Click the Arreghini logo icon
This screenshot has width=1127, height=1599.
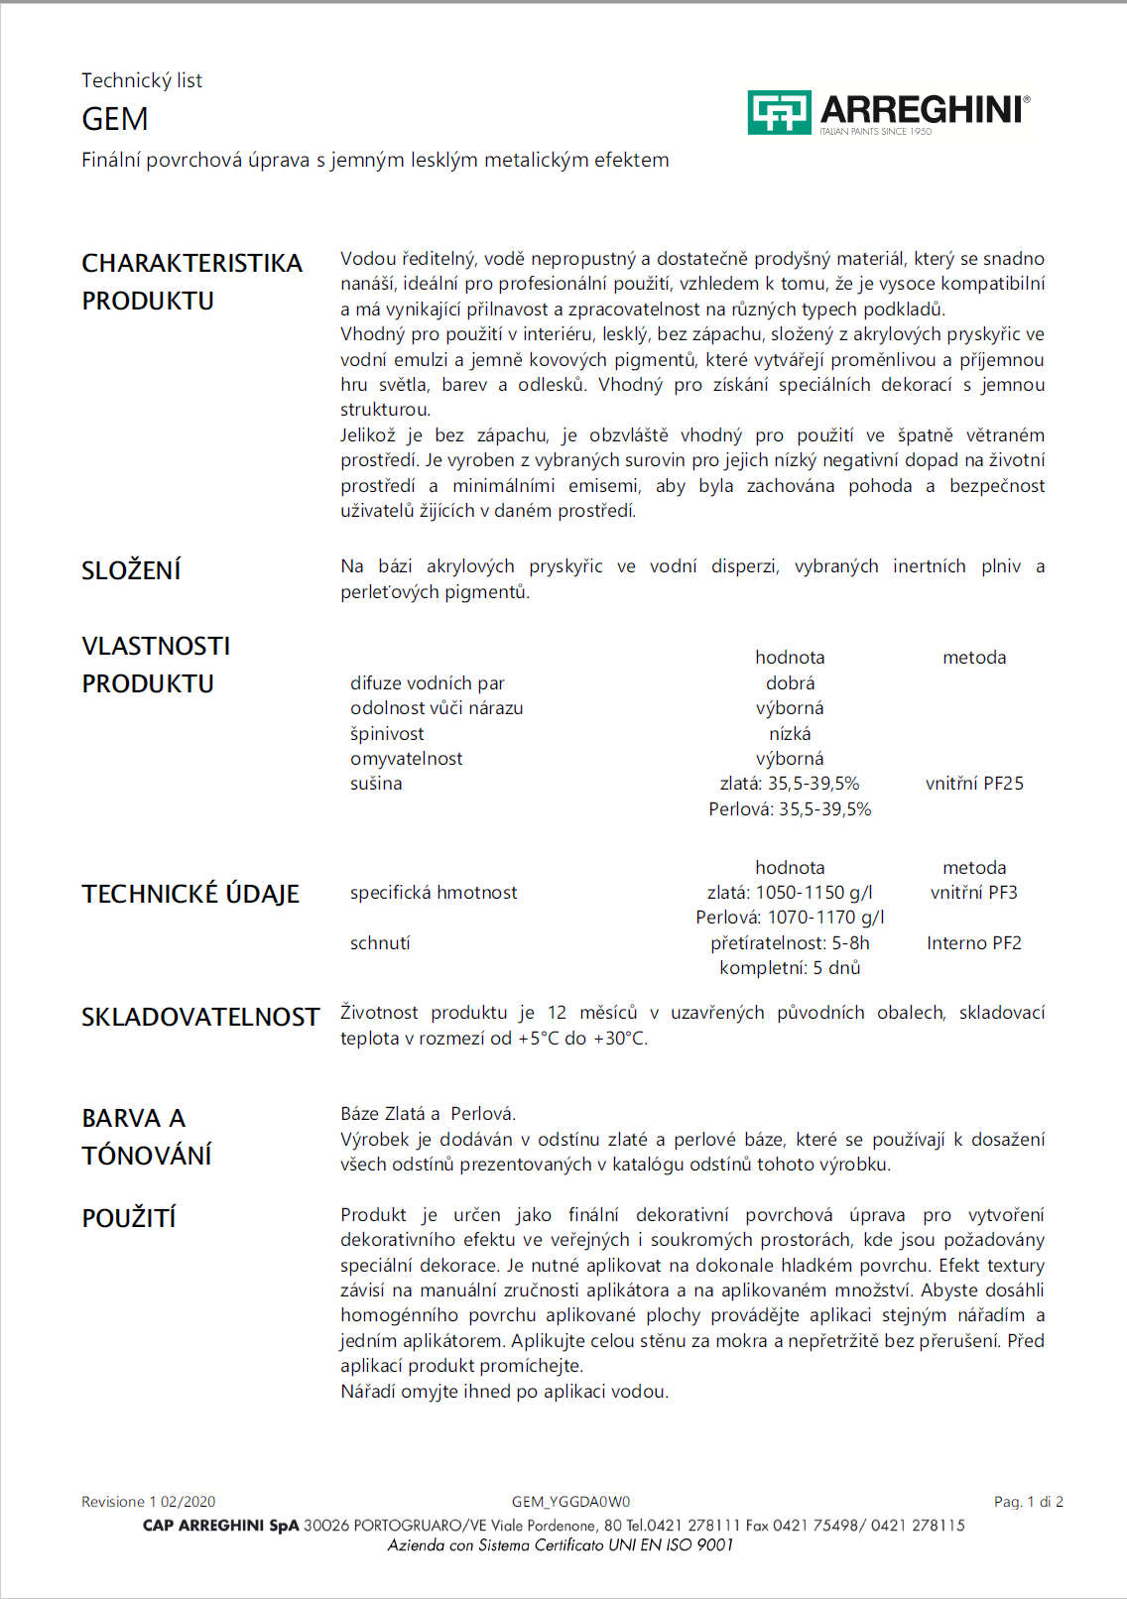[x=779, y=112]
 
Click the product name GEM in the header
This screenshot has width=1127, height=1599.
[x=115, y=119]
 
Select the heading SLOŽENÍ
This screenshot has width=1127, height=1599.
[x=131, y=570]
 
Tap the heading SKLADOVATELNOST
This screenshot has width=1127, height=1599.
[x=200, y=1018]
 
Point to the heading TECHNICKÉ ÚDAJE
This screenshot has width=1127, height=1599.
[x=190, y=894]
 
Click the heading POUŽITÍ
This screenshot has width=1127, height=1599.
[x=129, y=1218]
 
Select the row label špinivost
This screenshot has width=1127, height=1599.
[x=387, y=734]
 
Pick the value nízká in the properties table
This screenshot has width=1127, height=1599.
[x=790, y=734]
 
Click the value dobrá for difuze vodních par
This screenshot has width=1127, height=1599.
[x=790, y=683]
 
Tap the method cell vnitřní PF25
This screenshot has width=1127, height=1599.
[x=974, y=784]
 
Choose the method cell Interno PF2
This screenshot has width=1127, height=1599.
[x=974, y=943]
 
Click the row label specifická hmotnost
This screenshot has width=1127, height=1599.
[x=434, y=893]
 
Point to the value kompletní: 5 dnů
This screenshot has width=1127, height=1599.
[x=790, y=968]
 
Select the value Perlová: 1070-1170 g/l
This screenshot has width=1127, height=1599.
[x=790, y=918]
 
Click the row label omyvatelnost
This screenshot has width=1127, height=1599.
[x=406, y=759]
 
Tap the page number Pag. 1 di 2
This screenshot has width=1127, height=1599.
[x=1028, y=1502]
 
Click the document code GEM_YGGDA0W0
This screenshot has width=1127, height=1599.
[x=570, y=1502]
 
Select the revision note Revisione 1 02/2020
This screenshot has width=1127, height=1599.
[x=148, y=1502]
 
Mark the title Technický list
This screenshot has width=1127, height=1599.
[x=142, y=80]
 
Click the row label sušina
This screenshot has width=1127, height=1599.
[x=376, y=784]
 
